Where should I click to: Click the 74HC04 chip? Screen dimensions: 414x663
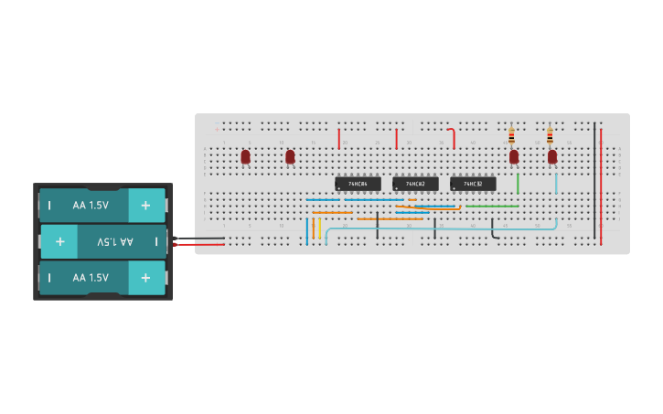358,184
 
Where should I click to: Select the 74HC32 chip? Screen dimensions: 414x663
473,184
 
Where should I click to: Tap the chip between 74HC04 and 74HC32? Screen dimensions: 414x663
415,184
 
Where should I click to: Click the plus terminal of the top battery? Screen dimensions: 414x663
145,206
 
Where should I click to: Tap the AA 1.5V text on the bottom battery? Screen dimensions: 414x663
91,277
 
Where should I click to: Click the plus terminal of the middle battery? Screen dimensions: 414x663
59,241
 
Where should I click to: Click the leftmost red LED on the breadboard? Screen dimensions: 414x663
245,156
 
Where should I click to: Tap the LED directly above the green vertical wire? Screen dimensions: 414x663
514,156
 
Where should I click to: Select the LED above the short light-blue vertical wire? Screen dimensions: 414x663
552,156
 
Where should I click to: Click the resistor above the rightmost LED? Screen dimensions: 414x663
550,136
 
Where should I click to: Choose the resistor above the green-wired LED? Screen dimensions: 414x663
511,136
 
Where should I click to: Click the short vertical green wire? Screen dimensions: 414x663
518,183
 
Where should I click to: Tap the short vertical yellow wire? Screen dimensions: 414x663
320,228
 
